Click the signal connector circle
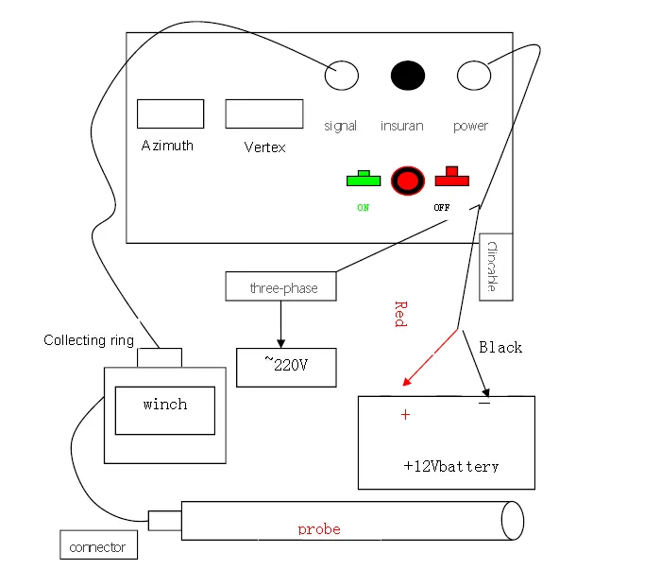tap(342, 76)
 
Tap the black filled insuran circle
tap(408, 76)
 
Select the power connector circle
tap(473, 75)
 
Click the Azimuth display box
tap(170, 113)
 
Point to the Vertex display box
tap(263, 113)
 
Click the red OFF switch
tap(452, 178)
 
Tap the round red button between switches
tap(408, 180)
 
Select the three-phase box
tap(280, 286)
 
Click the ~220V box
tap(286, 366)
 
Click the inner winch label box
tap(164, 410)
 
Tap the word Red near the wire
tap(399, 314)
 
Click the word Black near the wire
tap(500, 347)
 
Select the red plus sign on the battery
tap(406, 415)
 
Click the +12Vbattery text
tap(450, 466)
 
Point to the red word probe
tap(319, 529)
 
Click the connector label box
tap(97, 546)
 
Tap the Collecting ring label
tap(89, 340)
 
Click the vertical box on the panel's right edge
tap(496, 267)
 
